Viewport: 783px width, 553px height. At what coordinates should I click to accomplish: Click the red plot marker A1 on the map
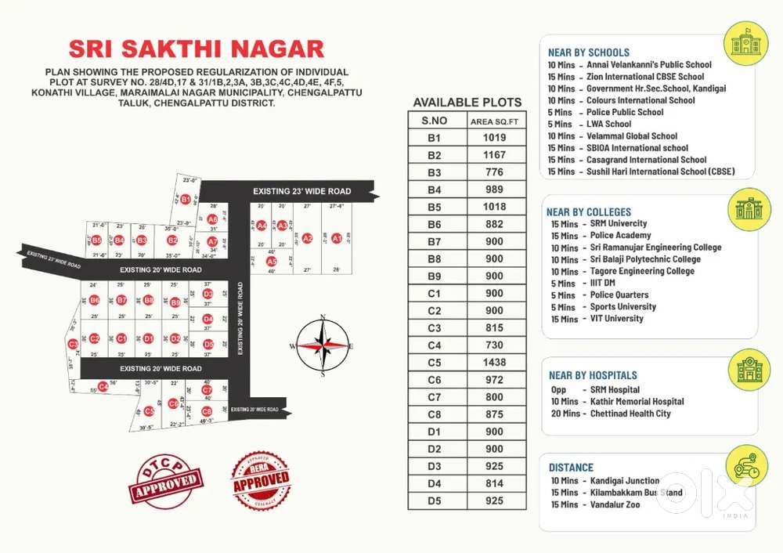coord(336,238)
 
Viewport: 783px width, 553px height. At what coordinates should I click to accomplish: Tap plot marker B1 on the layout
coord(185,200)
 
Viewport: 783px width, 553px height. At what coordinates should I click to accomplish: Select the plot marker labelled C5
coord(149,410)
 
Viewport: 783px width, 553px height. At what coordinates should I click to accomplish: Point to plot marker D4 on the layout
coord(207,319)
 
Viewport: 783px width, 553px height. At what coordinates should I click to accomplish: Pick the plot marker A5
coord(272,261)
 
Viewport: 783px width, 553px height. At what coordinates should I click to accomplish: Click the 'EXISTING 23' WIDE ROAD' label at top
coord(301,191)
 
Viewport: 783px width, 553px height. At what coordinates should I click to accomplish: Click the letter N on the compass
coord(323,318)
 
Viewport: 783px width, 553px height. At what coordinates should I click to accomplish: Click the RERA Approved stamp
coord(260,480)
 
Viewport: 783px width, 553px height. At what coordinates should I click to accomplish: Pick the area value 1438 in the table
coord(494,363)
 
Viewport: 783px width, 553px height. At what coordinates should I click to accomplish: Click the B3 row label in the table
coord(435,172)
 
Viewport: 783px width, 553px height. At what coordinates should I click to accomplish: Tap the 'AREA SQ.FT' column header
coord(494,121)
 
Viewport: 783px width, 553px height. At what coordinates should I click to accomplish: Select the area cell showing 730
coord(494,345)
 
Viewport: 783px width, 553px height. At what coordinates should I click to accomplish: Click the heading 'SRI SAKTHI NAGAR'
coord(197,49)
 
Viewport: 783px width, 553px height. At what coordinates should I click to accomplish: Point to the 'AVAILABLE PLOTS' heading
coord(467,103)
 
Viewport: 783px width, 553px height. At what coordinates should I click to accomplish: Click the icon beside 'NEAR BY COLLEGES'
coord(748,209)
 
